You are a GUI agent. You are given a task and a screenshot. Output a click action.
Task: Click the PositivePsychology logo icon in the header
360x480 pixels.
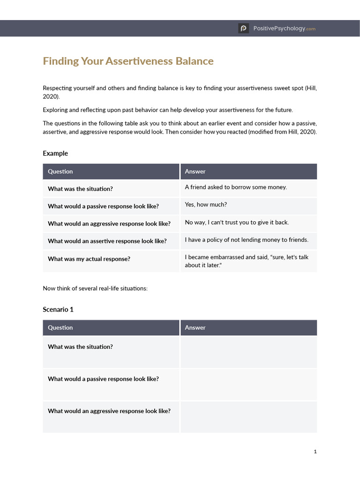tap(243, 29)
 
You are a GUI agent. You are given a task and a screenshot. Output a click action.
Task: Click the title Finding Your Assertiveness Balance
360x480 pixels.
tap(128, 61)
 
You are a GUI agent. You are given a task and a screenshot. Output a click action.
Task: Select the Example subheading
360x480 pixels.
tap(55, 153)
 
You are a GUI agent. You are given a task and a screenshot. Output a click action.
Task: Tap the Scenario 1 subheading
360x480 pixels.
tap(58, 309)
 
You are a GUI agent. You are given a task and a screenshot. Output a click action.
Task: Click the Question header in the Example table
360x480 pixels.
tap(60, 172)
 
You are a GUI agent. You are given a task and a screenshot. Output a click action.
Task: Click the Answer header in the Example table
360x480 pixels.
tap(195, 172)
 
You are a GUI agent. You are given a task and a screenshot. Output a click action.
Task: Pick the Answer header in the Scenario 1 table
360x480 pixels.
tap(195, 328)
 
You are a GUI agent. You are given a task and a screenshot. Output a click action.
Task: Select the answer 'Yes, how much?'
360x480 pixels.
tap(206, 205)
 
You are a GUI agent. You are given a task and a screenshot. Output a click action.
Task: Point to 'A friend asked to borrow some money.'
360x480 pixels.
tap(236, 187)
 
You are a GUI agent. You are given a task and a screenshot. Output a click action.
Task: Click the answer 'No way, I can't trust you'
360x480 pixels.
tap(237, 222)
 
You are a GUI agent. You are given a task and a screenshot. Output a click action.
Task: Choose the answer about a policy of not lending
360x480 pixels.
tap(247, 240)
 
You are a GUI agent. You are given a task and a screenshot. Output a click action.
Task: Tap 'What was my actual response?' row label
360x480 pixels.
tap(89, 259)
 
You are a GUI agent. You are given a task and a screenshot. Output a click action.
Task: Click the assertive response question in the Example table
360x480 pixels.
tap(107, 241)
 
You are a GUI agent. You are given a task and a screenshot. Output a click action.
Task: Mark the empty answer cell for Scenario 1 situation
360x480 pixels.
tap(248, 352)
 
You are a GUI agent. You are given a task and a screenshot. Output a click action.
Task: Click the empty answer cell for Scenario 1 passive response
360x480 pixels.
tap(248, 384)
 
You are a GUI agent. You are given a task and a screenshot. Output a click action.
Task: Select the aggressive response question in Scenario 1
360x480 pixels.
tap(109, 411)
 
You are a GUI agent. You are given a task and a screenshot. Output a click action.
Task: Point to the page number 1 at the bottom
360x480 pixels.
tap(315, 452)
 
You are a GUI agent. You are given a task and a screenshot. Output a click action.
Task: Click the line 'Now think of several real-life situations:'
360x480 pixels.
tap(95, 288)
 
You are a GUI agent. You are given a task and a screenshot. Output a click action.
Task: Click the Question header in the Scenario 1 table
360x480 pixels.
tap(60, 328)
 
